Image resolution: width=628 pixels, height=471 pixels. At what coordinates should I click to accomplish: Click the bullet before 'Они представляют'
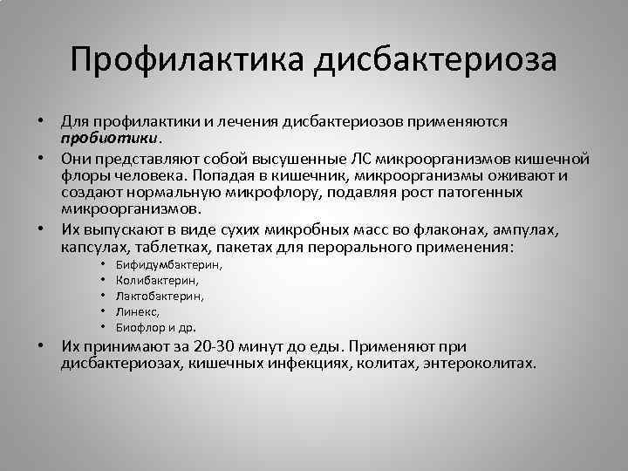[41, 159]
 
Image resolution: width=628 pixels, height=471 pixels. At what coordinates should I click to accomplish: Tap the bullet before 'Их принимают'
[41, 345]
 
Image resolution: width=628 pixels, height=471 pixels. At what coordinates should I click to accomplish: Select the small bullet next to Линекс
[102, 311]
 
